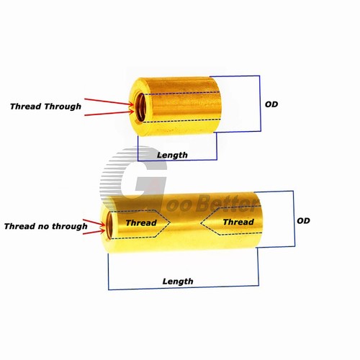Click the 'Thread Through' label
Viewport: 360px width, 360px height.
point(45,107)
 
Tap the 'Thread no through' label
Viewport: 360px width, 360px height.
point(45,226)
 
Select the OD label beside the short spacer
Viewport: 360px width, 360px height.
point(271,104)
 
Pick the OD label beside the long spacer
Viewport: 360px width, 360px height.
point(303,220)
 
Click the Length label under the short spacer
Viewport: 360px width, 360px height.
point(172,155)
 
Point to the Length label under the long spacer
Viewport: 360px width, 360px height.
point(178,282)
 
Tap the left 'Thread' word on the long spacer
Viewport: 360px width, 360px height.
point(141,222)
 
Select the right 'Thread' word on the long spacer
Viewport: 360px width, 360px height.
point(238,222)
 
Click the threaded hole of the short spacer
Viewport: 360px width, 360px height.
point(140,108)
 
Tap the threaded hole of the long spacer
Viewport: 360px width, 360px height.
point(109,225)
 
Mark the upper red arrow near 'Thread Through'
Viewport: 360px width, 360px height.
point(109,102)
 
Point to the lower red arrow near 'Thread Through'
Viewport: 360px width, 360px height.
point(109,113)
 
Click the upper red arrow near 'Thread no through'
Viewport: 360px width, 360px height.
point(94,222)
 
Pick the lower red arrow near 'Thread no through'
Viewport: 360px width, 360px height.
point(94,232)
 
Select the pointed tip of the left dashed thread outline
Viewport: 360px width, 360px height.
point(170,223)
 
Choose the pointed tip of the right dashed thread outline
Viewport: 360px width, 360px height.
point(201,222)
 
